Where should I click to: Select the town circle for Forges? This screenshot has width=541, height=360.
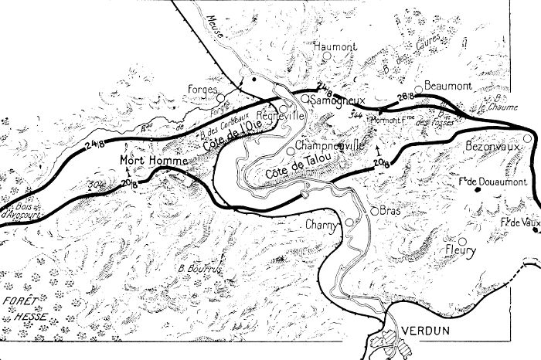[220, 98]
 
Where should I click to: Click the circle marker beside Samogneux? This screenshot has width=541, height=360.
[305, 98]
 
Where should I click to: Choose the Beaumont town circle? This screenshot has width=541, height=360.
[418, 88]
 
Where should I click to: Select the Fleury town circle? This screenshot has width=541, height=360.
[462, 240]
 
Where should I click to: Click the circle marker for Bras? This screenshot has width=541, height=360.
[373, 209]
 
